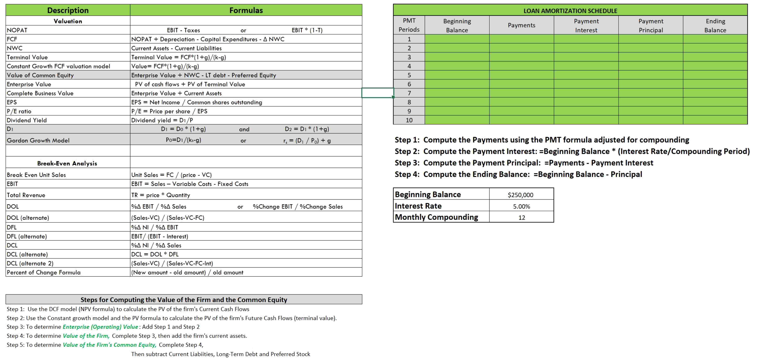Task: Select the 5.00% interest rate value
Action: point(521,206)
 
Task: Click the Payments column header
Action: point(522,25)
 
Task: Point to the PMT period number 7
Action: point(409,93)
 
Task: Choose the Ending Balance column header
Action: point(715,25)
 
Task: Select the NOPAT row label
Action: point(17,30)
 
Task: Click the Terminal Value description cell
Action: point(27,57)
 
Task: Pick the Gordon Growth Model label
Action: point(38,140)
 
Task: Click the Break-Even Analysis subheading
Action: point(67,163)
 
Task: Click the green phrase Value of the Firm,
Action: point(86,336)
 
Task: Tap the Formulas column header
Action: point(246,10)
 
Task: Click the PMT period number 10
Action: point(409,120)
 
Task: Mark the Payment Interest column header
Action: point(586,25)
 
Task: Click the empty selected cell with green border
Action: point(378,93)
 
